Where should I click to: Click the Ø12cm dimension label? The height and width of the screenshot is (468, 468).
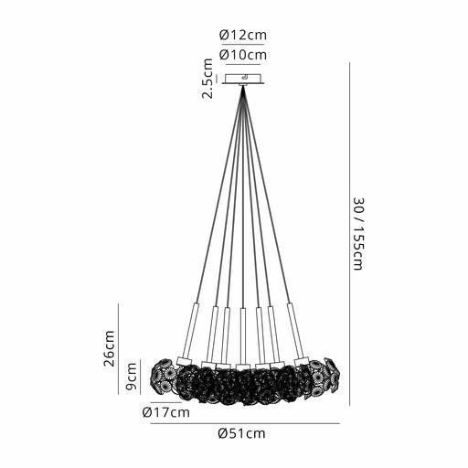pos(243,35)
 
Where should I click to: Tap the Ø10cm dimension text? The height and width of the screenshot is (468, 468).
pos(243,55)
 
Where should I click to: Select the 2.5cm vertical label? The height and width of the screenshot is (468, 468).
pos(207,78)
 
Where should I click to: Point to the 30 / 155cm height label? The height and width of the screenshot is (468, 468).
pos(358,234)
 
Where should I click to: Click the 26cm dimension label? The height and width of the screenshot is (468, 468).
pos(109,348)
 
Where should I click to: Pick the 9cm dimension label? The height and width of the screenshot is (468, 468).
pos(131,377)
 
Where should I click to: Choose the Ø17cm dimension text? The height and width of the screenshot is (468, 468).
pos(166,412)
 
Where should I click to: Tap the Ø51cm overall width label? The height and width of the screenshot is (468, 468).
pos(242,433)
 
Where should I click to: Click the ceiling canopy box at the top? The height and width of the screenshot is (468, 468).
pos(243,79)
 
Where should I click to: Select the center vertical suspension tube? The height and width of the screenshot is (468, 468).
pos(243,336)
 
